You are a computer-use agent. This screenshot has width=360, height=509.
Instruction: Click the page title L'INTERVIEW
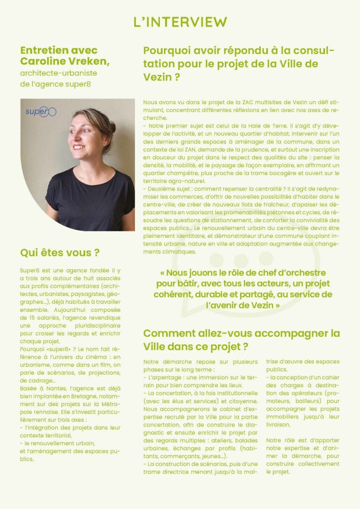[x=180, y=22]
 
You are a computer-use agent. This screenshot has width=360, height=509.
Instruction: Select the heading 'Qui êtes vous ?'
[x=60, y=253]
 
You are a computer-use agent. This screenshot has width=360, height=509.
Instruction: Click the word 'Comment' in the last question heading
[x=168, y=333]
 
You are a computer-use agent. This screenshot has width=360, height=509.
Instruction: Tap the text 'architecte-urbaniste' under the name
[x=59, y=73]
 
